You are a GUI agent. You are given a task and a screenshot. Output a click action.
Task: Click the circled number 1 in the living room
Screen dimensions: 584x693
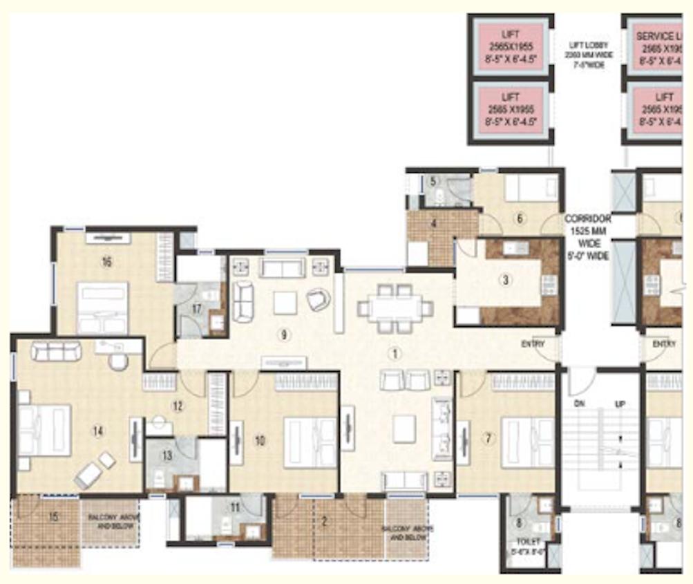click(x=394, y=353)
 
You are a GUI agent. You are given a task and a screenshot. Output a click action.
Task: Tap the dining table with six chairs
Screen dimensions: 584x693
click(x=395, y=308)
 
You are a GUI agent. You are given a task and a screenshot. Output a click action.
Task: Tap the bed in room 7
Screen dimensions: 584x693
click(x=527, y=442)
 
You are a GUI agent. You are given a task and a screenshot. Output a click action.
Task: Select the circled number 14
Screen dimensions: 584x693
click(x=98, y=431)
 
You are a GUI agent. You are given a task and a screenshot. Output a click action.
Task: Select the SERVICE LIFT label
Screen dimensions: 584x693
click(x=658, y=35)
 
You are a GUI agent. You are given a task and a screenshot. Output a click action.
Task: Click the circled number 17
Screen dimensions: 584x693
click(x=197, y=309)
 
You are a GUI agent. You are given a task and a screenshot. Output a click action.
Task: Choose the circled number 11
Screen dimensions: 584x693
click(x=236, y=508)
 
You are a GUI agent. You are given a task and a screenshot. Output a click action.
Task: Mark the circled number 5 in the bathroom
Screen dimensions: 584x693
click(x=433, y=182)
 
